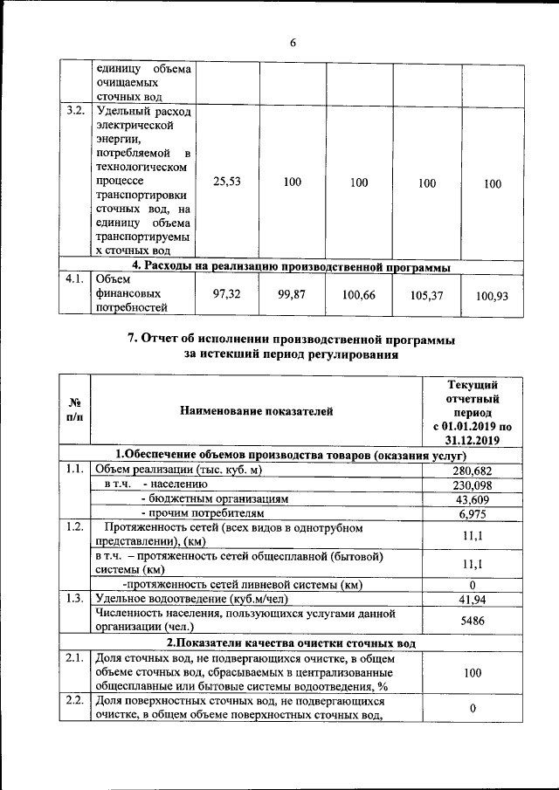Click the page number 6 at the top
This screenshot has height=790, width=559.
click(x=293, y=43)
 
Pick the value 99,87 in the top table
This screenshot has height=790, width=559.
click(x=292, y=295)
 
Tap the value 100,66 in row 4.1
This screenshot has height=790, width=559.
click(x=358, y=296)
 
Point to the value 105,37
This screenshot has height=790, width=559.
click(x=426, y=296)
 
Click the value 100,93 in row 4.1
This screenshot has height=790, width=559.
click(x=493, y=297)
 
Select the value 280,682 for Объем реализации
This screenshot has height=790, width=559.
click(x=471, y=471)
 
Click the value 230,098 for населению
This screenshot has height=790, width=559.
click(x=471, y=485)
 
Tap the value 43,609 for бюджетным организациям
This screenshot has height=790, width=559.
click(x=471, y=500)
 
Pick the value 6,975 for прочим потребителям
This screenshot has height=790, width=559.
click(x=471, y=515)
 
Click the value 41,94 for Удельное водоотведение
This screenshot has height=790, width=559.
click(x=471, y=600)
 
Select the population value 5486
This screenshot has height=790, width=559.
click(x=471, y=620)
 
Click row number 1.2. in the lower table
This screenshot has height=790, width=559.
click(x=74, y=527)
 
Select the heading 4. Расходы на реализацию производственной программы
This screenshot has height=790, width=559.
click(x=291, y=265)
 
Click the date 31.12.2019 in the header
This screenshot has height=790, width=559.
click(x=472, y=441)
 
